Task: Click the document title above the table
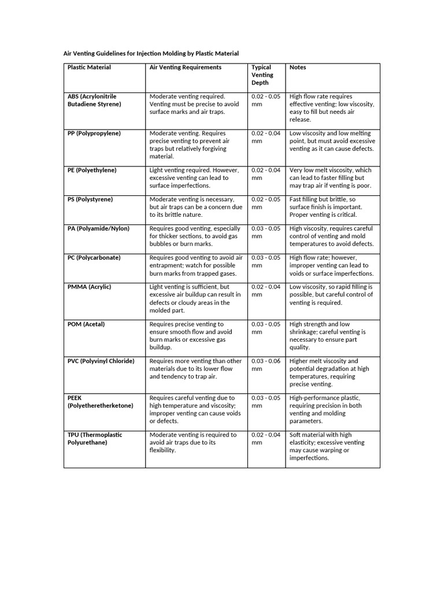(x=151, y=53)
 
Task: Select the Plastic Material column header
(x=89, y=68)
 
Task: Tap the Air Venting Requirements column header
(x=185, y=68)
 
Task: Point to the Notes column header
(x=298, y=68)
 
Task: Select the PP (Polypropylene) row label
(x=94, y=134)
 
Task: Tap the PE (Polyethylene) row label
(x=92, y=171)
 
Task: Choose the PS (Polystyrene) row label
(x=90, y=199)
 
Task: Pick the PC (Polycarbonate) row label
(x=94, y=258)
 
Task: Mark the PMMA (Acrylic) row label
(x=89, y=287)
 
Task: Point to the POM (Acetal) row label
(x=86, y=324)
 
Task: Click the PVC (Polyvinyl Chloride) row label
(x=101, y=361)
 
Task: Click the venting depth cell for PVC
(x=265, y=365)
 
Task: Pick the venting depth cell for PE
(x=265, y=174)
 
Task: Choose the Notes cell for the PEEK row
(x=325, y=409)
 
